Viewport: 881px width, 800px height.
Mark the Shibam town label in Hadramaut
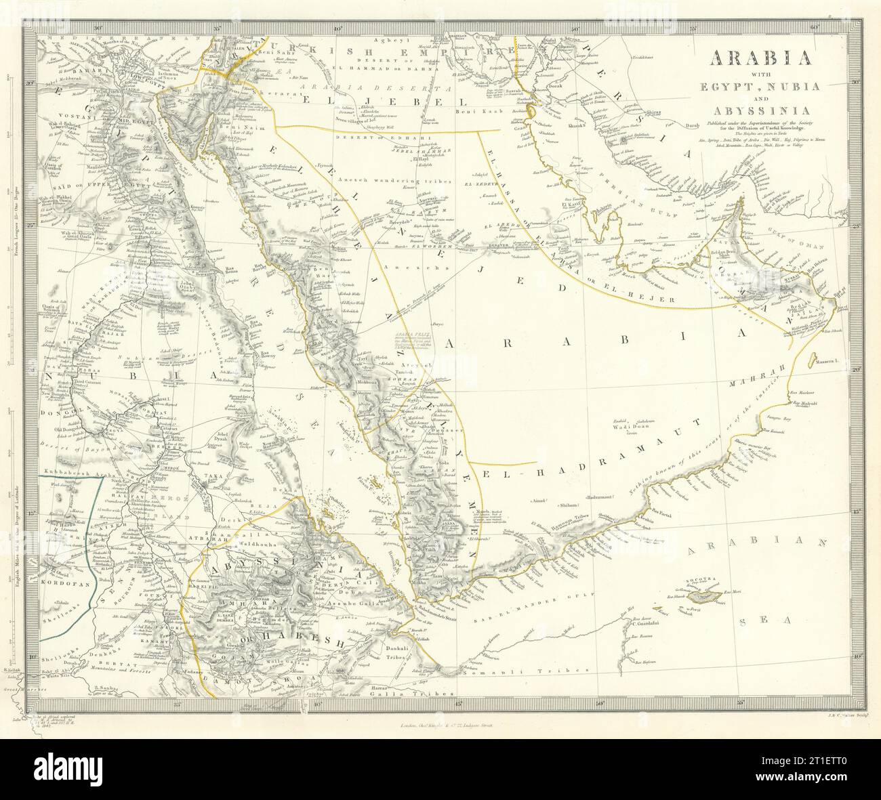point(568,505)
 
